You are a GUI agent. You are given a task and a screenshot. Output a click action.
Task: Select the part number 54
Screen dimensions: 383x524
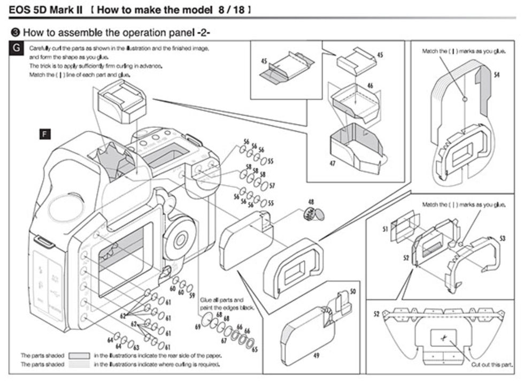tap(497, 75)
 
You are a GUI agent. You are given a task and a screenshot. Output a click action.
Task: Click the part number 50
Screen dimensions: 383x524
tap(352, 291)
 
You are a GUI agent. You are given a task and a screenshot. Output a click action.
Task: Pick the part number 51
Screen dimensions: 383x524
tap(386, 229)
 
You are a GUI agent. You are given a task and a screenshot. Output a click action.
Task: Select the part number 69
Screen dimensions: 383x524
tap(197, 326)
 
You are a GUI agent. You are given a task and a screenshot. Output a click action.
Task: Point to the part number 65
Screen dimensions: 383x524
tap(254, 349)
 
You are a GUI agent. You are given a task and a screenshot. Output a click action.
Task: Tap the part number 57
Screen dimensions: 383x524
tap(272, 187)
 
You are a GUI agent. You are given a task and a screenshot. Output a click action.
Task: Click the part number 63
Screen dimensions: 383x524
tap(136, 348)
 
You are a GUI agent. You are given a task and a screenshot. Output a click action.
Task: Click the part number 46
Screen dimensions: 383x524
tap(369, 85)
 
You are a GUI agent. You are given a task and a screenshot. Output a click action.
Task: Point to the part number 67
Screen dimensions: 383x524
tap(224, 340)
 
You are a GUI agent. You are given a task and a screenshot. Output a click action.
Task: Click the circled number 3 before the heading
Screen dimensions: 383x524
tap(16, 33)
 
